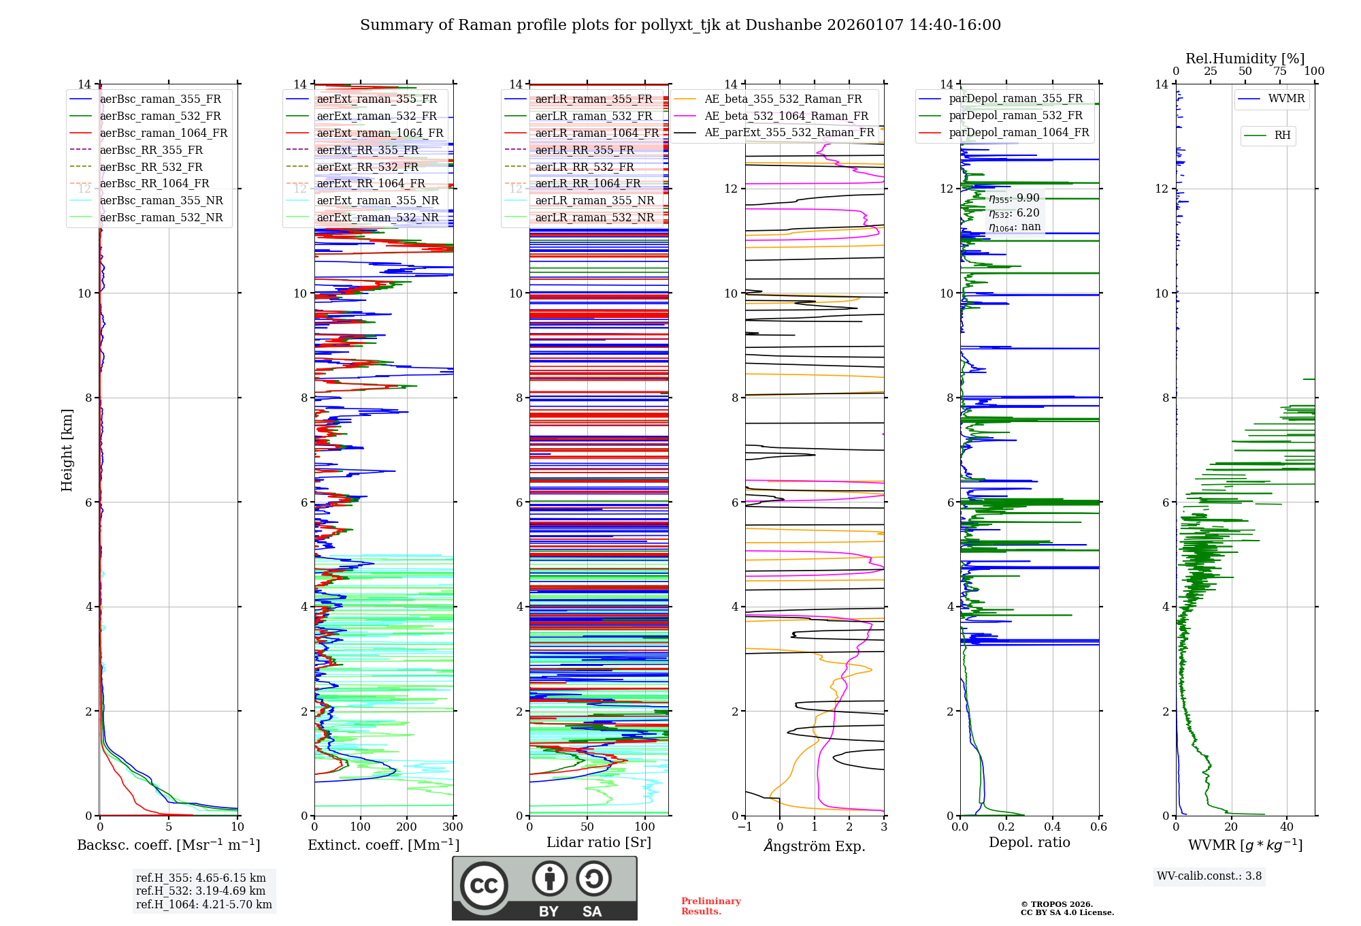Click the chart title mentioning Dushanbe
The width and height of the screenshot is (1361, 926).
click(680, 25)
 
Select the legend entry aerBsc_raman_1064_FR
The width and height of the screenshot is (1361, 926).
click(163, 133)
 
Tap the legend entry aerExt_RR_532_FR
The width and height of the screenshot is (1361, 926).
click(367, 167)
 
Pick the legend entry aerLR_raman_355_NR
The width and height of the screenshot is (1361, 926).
click(594, 201)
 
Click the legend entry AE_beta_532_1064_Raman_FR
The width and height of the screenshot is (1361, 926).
click(786, 116)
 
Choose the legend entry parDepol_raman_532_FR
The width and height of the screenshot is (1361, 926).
click(1015, 116)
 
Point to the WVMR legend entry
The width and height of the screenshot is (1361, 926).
click(1286, 99)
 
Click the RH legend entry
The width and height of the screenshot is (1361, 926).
click(1282, 135)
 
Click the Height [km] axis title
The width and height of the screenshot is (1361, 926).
click(67, 450)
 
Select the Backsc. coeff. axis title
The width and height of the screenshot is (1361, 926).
click(169, 845)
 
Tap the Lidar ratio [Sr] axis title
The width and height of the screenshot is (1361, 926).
click(599, 842)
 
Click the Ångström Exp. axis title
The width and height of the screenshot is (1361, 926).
click(815, 846)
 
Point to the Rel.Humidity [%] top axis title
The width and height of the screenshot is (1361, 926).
click(1245, 59)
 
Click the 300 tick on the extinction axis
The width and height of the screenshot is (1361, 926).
click(453, 827)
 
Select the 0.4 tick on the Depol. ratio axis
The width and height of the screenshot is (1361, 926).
click(1052, 827)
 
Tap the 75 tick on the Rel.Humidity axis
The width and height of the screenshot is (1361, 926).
click(1280, 71)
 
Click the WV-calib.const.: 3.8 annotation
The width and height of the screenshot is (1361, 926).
click(1209, 876)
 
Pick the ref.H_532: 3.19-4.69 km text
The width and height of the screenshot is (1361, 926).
click(201, 891)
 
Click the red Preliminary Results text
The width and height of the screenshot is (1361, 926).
click(710, 906)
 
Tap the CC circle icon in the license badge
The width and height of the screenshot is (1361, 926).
click(484, 886)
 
